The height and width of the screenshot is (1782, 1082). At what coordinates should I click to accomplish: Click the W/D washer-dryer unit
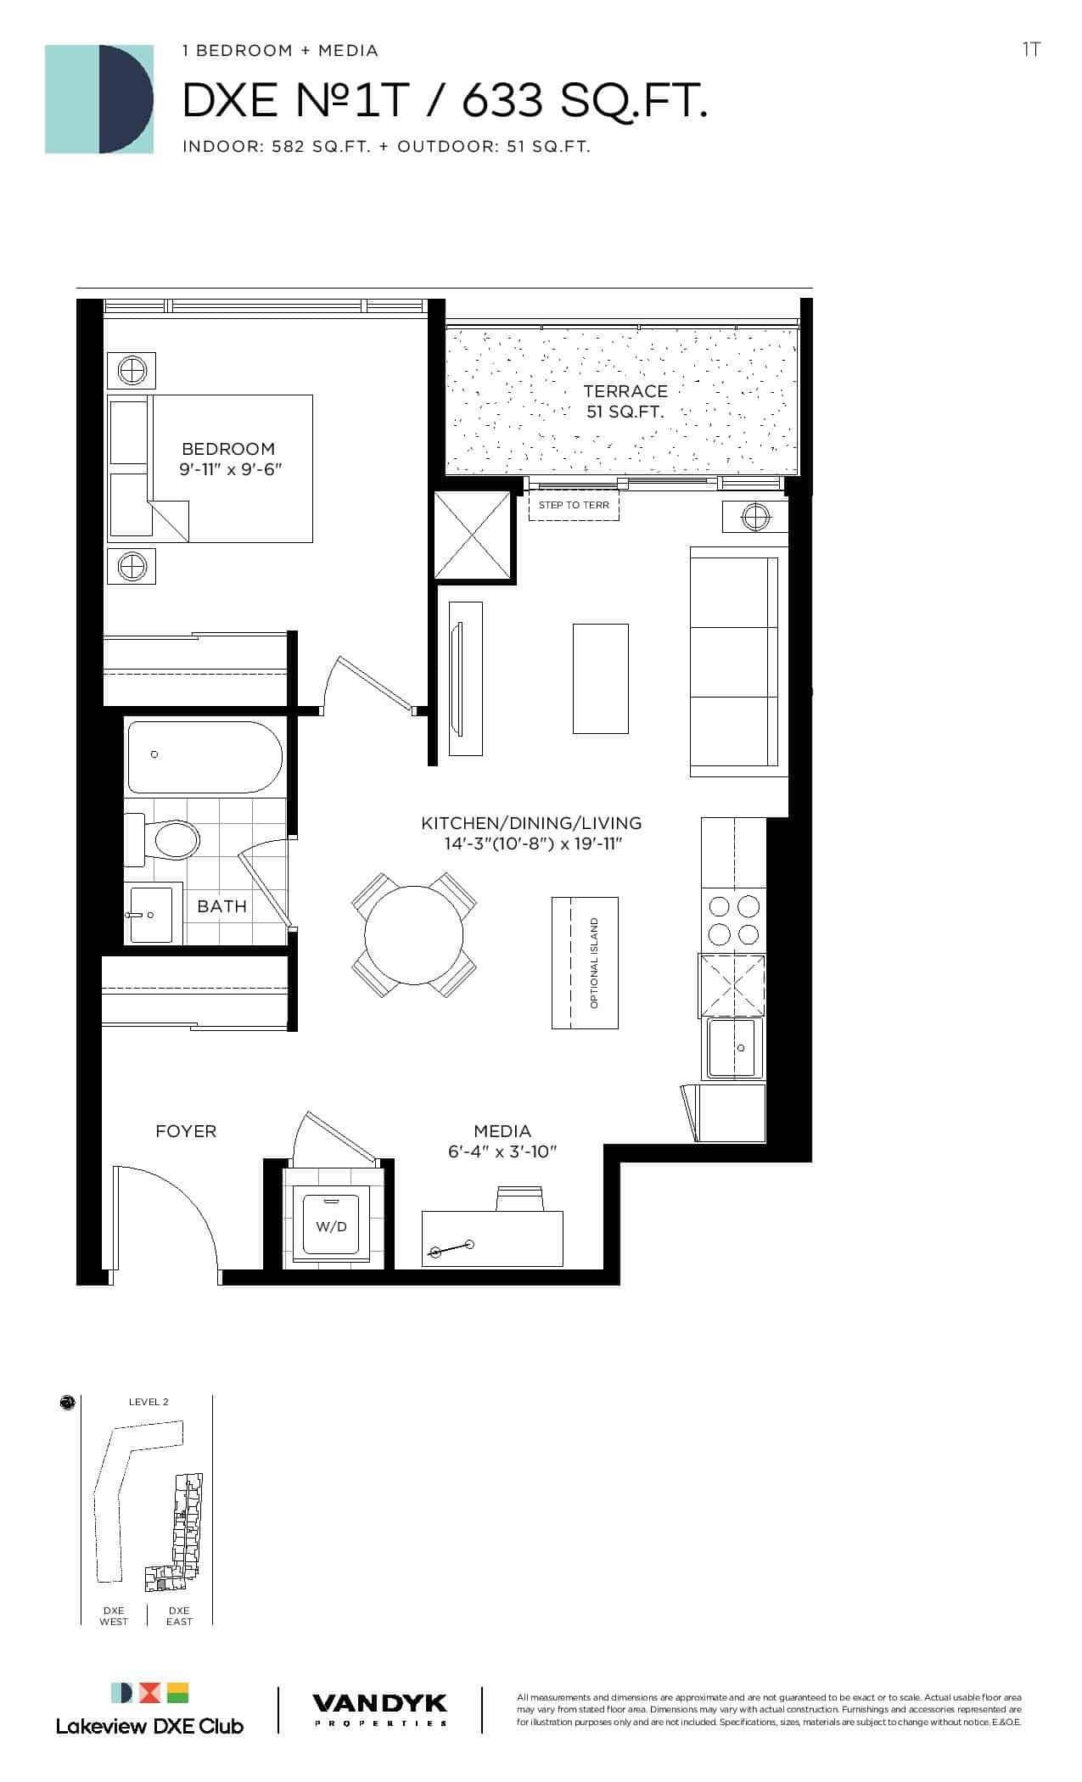331,1225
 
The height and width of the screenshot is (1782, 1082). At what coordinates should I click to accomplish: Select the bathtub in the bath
205,756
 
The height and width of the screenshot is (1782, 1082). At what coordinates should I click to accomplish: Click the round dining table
414,934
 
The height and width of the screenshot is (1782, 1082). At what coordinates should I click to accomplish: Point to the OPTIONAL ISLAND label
594,963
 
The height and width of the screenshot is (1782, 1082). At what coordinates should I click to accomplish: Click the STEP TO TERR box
574,505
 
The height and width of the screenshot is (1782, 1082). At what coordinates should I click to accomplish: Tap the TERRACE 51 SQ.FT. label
625,401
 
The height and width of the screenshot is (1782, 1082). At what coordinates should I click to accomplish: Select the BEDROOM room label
228,449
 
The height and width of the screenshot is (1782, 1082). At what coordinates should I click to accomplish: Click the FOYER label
186,1131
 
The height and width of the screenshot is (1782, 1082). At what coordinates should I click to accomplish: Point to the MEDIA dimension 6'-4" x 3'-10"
502,1152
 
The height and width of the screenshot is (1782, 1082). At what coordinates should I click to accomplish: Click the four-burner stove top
733,921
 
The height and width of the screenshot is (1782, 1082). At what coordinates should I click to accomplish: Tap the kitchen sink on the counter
735,1048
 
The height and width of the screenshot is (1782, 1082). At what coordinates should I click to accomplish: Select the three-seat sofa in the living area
734,662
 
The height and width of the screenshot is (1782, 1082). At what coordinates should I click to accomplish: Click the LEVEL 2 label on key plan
149,1402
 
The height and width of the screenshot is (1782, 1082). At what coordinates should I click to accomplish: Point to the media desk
493,1238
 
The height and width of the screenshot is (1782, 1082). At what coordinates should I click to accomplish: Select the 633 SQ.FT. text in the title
585,103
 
